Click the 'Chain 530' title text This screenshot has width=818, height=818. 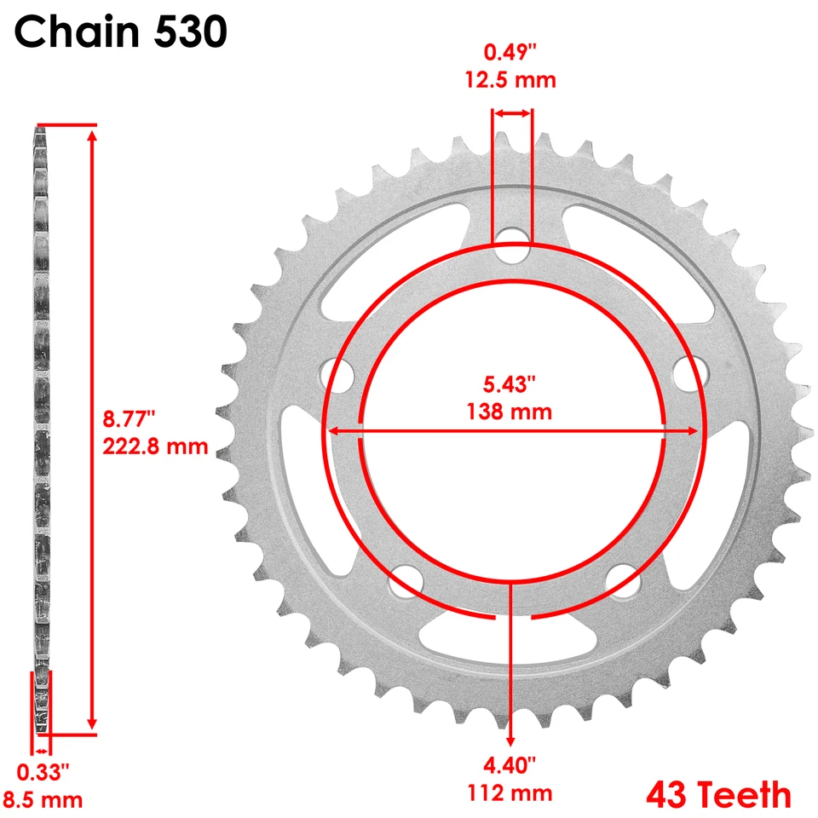121,32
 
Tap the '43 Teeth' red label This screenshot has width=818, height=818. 718,795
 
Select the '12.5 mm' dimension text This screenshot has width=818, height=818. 510,81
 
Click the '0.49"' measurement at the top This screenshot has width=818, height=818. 510,53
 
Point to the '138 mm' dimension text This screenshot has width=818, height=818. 510,412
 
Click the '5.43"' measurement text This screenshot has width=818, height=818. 510,385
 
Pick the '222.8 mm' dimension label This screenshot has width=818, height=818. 155,446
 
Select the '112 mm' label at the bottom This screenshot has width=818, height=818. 510,793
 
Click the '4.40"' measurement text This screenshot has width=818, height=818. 510,765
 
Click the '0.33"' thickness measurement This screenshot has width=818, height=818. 43,772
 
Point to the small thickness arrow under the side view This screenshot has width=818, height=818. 42,751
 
